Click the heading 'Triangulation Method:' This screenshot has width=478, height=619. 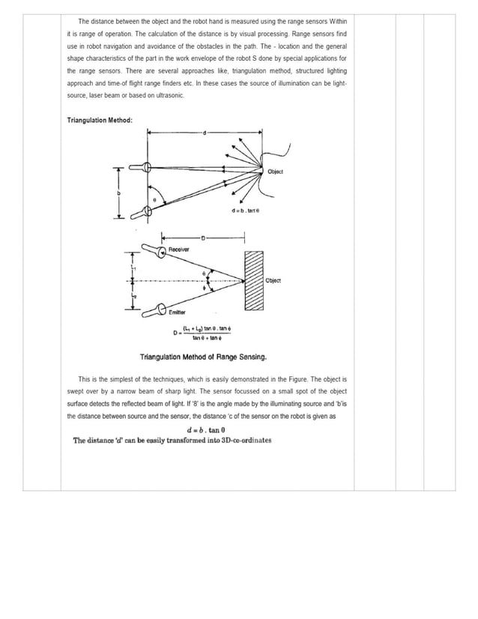[100, 120]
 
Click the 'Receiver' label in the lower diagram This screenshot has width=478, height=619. [178, 249]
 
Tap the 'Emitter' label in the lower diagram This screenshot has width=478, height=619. [178, 312]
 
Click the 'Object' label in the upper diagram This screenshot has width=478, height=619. [275, 172]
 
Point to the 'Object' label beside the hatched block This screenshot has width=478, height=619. [273, 280]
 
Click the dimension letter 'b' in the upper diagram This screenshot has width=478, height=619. [118, 193]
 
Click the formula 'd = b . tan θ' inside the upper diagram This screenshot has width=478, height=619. [246, 211]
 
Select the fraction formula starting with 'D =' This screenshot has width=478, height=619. [202, 333]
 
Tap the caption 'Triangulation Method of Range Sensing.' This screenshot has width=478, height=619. [203, 357]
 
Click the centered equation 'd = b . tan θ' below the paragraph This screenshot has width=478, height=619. [206, 429]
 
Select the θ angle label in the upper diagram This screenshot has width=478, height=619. [154, 200]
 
